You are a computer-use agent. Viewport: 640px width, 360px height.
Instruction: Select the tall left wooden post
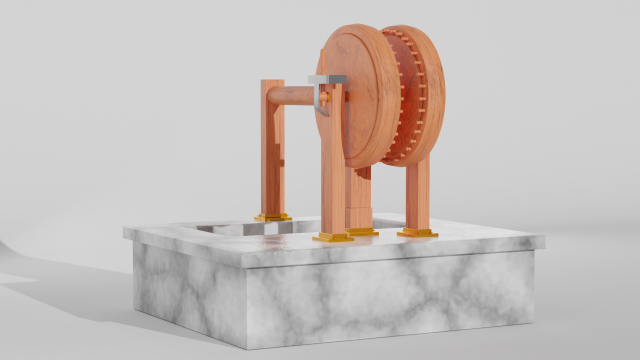point(272,150)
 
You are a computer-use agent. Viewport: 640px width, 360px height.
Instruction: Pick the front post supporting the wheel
point(333,180)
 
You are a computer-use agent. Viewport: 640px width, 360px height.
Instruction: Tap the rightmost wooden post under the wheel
point(417,195)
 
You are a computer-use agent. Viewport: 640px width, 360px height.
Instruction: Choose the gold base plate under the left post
point(272,217)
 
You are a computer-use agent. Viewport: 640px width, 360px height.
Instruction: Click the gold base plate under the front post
point(332,238)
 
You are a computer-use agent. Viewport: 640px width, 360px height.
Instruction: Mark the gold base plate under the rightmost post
point(417,233)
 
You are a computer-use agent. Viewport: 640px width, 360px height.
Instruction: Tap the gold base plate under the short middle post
point(362,232)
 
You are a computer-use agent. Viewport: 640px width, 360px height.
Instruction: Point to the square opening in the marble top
point(225,228)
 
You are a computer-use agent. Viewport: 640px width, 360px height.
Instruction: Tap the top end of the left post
point(272,84)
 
